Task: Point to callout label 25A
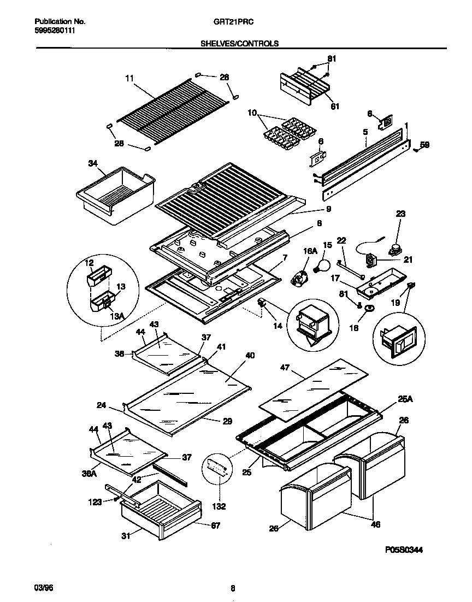click(x=405, y=400)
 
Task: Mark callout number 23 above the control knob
click(x=400, y=215)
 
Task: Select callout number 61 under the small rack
click(x=334, y=107)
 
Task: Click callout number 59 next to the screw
click(x=425, y=145)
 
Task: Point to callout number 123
click(x=96, y=501)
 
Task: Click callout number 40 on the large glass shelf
click(x=250, y=356)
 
